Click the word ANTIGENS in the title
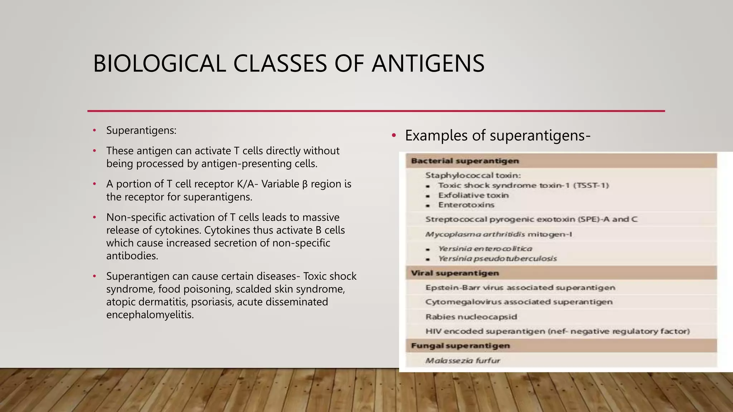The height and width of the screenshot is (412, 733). pyautogui.click(x=428, y=64)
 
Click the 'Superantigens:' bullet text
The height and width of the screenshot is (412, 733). pyautogui.click(x=141, y=131)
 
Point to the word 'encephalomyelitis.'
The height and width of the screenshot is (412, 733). pyautogui.click(x=150, y=315)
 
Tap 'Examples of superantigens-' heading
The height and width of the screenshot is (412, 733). pyautogui.click(x=497, y=136)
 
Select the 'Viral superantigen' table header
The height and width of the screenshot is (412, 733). pyautogui.click(x=455, y=273)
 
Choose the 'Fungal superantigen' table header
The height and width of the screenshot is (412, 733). pyautogui.click(x=460, y=346)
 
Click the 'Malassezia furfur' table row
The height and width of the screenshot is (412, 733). pyautogui.click(x=462, y=360)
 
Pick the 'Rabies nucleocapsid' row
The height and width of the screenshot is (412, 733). pyautogui.click(x=471, y=317)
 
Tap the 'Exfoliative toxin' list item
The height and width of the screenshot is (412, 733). pyautogui.click(x=473, y=195)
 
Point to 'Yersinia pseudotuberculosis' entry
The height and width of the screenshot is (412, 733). pyautogui.click(x=497, y=259)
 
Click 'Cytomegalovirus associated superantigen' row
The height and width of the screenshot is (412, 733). pyautogui.click(x=519, y=302)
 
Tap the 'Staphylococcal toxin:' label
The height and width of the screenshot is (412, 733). pyautogui.click(x=473, y=175)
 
